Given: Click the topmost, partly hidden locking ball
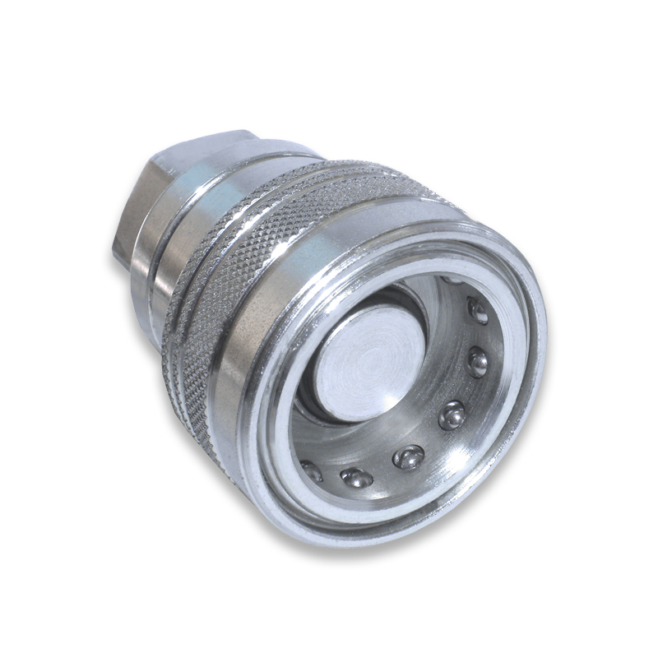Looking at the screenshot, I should tap(449, 280).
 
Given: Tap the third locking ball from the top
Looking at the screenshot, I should tap(477, 363).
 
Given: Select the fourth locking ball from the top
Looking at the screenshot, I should tap(452, 416).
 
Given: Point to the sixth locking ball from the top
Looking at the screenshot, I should tap(355, 477).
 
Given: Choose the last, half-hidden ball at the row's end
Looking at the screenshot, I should tap(312, 471).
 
